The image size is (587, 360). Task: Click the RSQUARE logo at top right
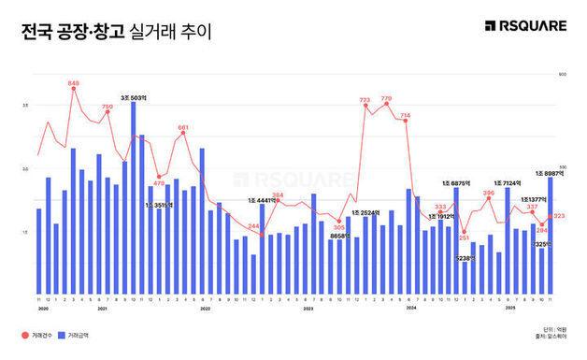tap(526, 26)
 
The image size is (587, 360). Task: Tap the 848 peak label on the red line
tap(74, 84)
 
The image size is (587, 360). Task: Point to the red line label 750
tap(107, 108)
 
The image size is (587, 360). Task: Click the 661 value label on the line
tap(183, 127)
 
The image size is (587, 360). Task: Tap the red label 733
tap(365, 99)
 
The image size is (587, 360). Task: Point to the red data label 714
tap(406, 115)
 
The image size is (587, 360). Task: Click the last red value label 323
tap(559, 216)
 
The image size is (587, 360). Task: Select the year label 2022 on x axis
tap(205, 307)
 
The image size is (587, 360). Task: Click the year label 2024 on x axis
tap(410, 307)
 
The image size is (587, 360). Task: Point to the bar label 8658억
tap(341, 236)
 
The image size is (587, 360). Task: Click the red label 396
tap(488, 193)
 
